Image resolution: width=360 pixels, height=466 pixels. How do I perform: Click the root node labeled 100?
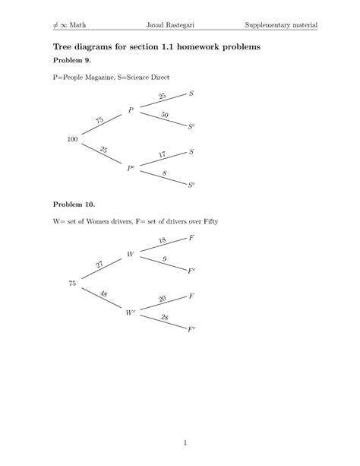[x=72, y=139]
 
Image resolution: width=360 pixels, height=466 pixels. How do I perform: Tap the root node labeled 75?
[x=72, y=284]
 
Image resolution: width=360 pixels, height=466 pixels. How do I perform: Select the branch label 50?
[x=164, y=114]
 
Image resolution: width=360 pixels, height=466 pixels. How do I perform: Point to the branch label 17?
[x=162, y=155]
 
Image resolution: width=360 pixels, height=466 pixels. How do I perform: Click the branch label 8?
[x=164, y=173]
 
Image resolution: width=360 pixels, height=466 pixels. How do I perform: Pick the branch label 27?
[x=99, y=264]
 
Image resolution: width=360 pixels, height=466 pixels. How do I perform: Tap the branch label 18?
[x=162, y=241]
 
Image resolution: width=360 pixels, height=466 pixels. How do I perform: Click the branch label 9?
[x=165, y=259]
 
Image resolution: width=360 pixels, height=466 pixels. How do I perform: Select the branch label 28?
[x=164, y=317]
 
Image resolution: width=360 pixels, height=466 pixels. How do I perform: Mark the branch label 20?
[x=162, y=299]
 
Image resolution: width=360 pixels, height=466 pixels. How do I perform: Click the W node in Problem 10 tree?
[x=131, y=255]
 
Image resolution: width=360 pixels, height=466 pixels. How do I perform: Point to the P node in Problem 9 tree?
[x=131, y=110]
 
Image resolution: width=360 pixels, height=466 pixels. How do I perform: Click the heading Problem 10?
[x=76, y=204]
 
